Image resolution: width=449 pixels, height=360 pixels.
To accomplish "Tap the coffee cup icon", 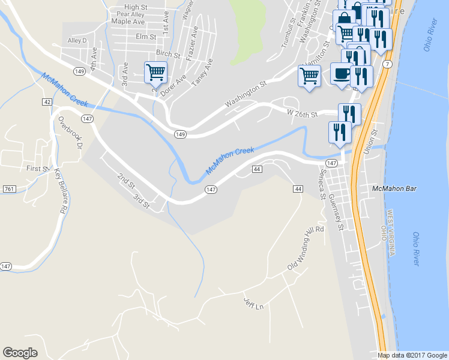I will (x=342, y=74).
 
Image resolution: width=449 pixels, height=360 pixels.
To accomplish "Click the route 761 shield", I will (x=8, y=189).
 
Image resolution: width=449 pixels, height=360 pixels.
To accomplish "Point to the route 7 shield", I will (x=388, y=64).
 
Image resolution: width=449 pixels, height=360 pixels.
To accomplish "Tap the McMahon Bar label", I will (x=394, y=188).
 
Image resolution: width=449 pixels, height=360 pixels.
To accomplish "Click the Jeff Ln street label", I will (x=253, y=304).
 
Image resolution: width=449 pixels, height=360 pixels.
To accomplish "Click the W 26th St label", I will (x=302, y=113).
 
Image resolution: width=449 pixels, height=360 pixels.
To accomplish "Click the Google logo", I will (x=20, y=353).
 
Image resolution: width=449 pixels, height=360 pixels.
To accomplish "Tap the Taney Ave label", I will (x=203, y=73).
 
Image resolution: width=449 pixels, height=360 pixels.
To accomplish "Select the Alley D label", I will (x=77, y=41).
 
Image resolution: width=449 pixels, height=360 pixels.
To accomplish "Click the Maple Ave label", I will (x=128, y=22).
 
